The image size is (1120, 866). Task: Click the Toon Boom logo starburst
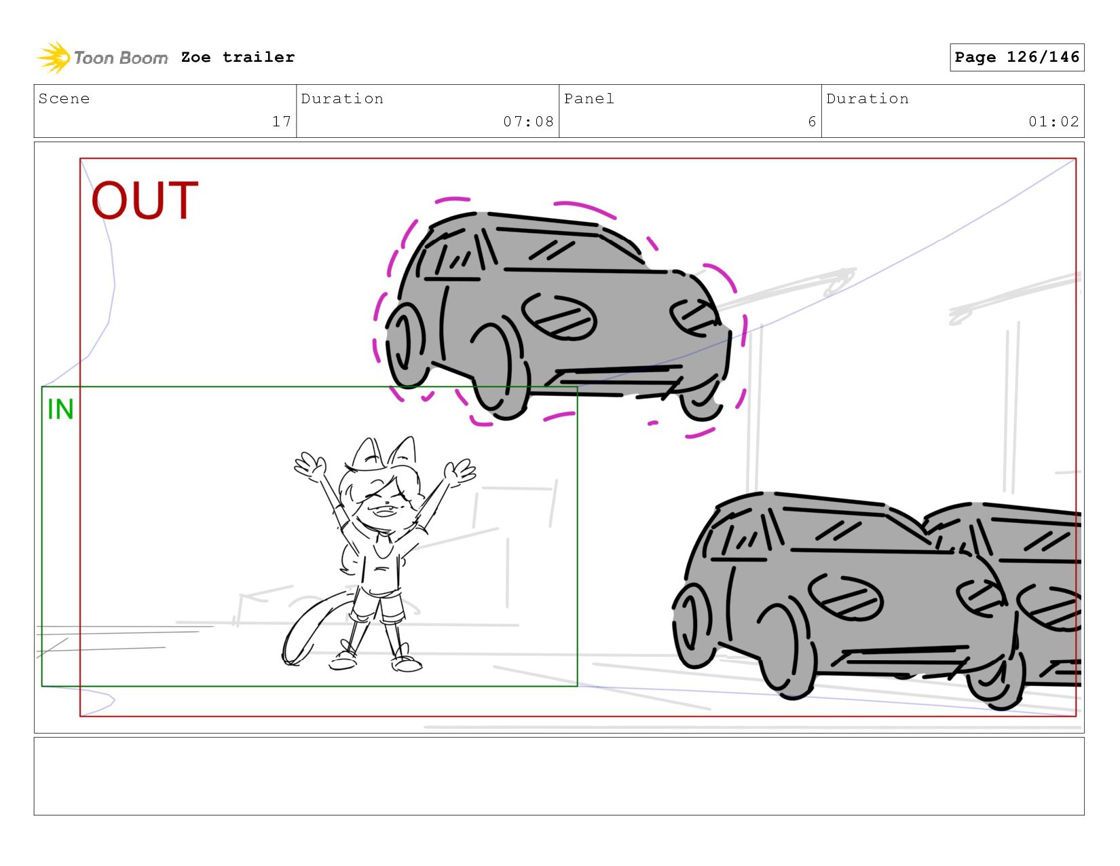point(54,57)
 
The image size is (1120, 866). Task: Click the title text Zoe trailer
point(238,57)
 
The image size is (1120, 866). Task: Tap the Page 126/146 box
point(1016,57)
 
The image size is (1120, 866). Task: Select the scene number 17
point(282,121)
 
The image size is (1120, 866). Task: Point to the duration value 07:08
point(528,121)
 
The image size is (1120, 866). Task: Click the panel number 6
point(812,121)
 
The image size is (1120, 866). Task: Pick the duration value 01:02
point(1053,121)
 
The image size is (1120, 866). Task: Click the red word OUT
point(145,200)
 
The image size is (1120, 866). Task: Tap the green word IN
point(60,410)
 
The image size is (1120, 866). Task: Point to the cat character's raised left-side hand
point(310,466)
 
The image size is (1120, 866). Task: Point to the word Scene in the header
point(64,98)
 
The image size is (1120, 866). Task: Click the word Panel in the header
point(589,98)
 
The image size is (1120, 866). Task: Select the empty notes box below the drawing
point(559,776)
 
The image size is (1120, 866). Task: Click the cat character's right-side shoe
point(407,664)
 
